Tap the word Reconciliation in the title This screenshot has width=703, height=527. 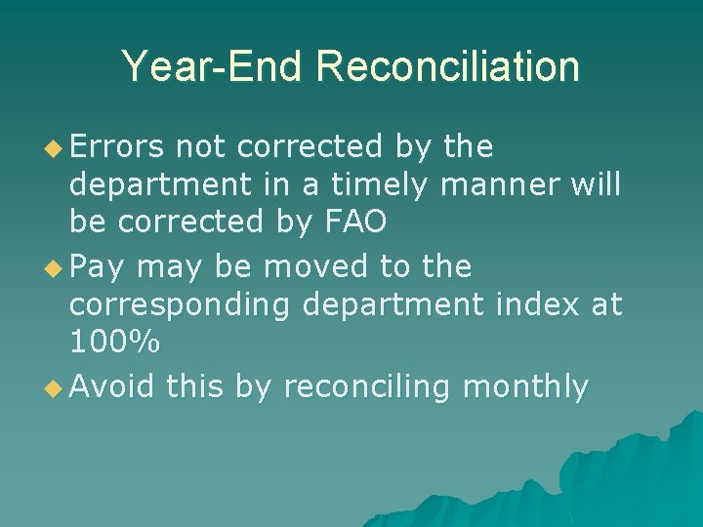click(447, 66)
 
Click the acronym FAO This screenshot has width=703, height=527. click(349, 223)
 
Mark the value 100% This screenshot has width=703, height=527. click(115, 343)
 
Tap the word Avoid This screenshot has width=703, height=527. click(113, 386)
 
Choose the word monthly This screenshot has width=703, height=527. click(525, 387)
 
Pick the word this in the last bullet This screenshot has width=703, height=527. click(196, 386)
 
